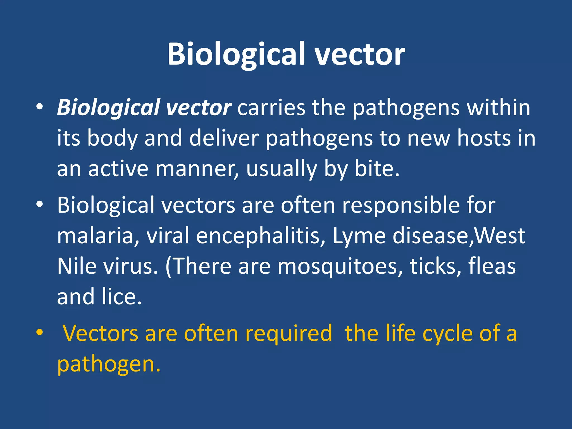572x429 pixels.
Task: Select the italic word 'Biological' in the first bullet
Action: (x=108, y=108)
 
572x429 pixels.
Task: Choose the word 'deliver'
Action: (x=224, y=138)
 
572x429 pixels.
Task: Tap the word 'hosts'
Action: (x=484, y=138)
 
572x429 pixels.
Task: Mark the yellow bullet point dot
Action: (x=40, y=332)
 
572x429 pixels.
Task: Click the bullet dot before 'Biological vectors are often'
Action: (x=40, y=204)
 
